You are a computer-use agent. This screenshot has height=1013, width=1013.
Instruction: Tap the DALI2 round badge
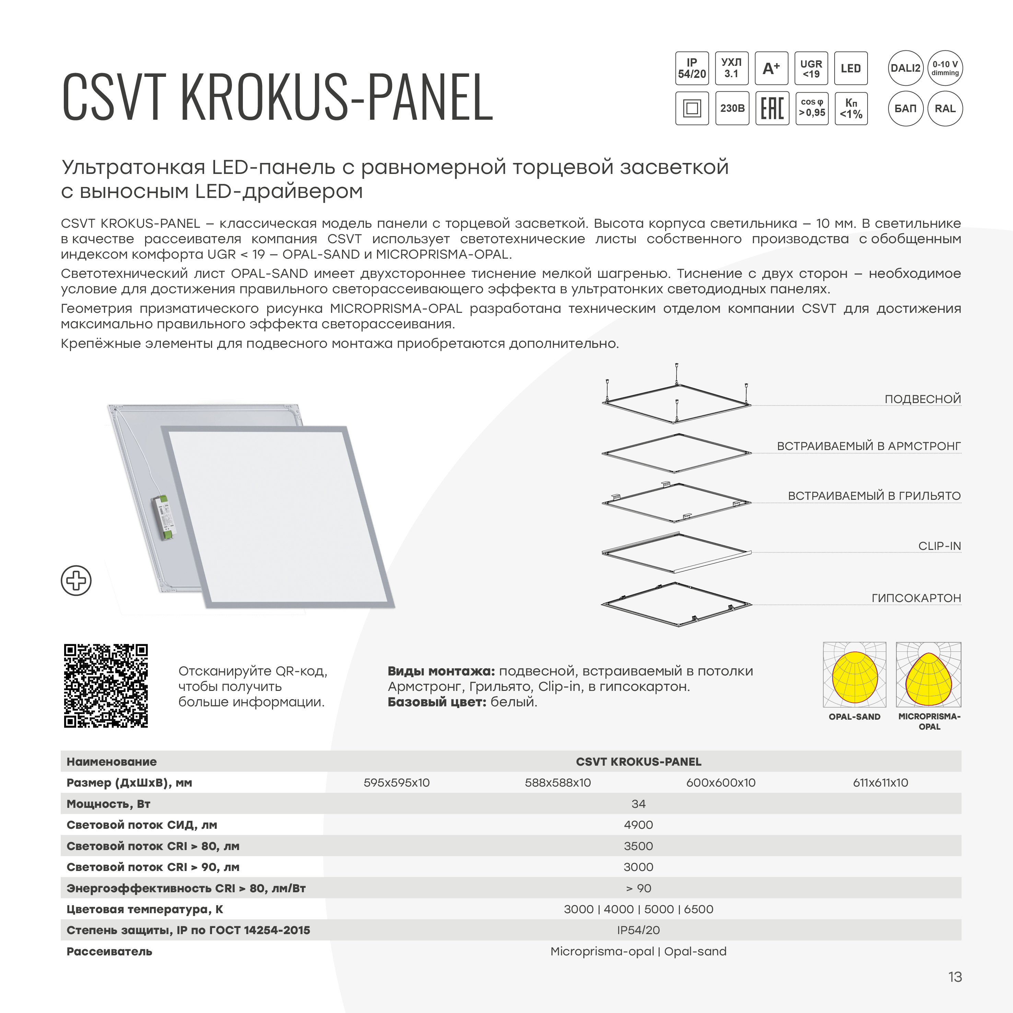(906, 68)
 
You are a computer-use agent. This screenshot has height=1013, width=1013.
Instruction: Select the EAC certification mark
(772, 108)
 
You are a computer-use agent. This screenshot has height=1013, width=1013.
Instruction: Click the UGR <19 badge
(811, 68)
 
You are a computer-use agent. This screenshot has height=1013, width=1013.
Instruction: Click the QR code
(106, 685)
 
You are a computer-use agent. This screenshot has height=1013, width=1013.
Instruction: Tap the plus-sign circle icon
(76, 580)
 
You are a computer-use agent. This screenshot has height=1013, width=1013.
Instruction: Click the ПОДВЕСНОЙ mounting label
(922, 399)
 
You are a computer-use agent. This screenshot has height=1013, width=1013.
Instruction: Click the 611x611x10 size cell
(880, 783)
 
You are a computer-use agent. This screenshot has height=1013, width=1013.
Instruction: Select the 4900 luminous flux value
(638, 825)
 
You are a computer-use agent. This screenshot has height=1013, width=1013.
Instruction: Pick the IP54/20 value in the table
(638, 930)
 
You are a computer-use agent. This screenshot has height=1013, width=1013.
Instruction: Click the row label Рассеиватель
(109, 951)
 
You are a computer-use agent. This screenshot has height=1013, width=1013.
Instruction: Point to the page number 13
(955, 977)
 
